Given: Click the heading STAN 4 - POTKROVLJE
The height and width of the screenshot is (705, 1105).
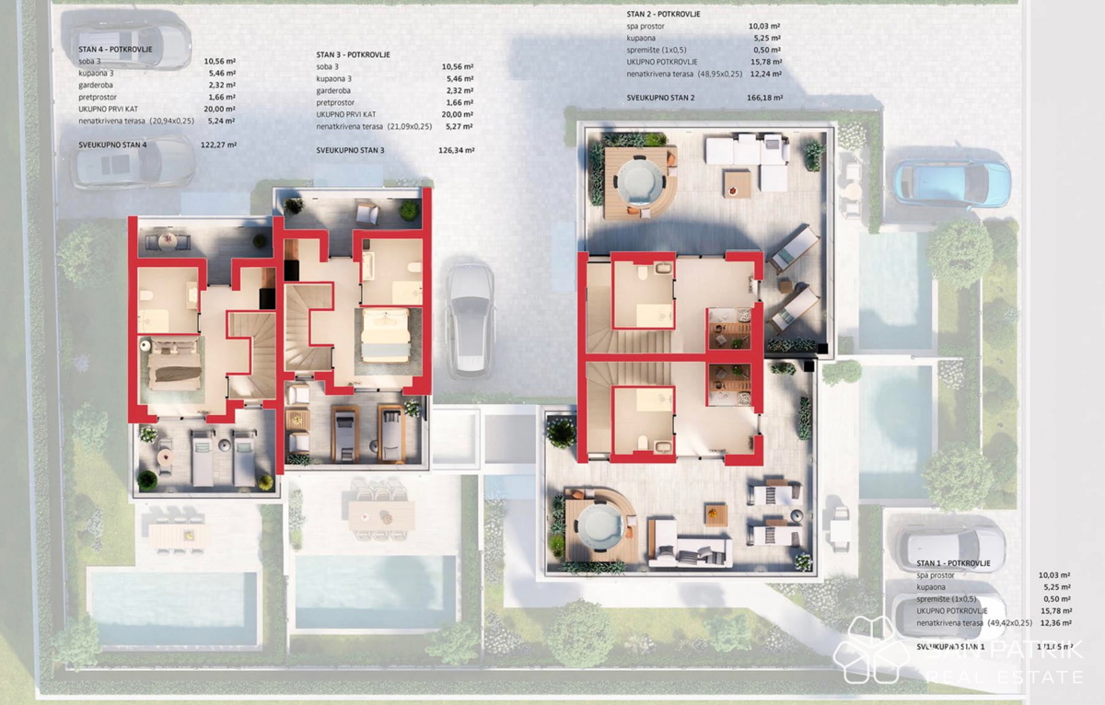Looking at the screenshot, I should [115, 50].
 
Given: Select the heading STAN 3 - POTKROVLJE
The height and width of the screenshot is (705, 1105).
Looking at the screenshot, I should [353, 55].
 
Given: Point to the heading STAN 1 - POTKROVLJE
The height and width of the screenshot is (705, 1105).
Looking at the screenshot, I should [953, 562].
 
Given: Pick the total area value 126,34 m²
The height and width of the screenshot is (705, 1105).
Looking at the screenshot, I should [457, 150].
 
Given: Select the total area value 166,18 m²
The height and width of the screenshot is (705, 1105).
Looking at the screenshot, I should [764, 98].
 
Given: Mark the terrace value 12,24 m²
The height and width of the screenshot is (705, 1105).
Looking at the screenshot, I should [765, 74].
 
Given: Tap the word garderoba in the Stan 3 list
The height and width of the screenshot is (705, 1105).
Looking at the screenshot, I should [334, 91].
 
